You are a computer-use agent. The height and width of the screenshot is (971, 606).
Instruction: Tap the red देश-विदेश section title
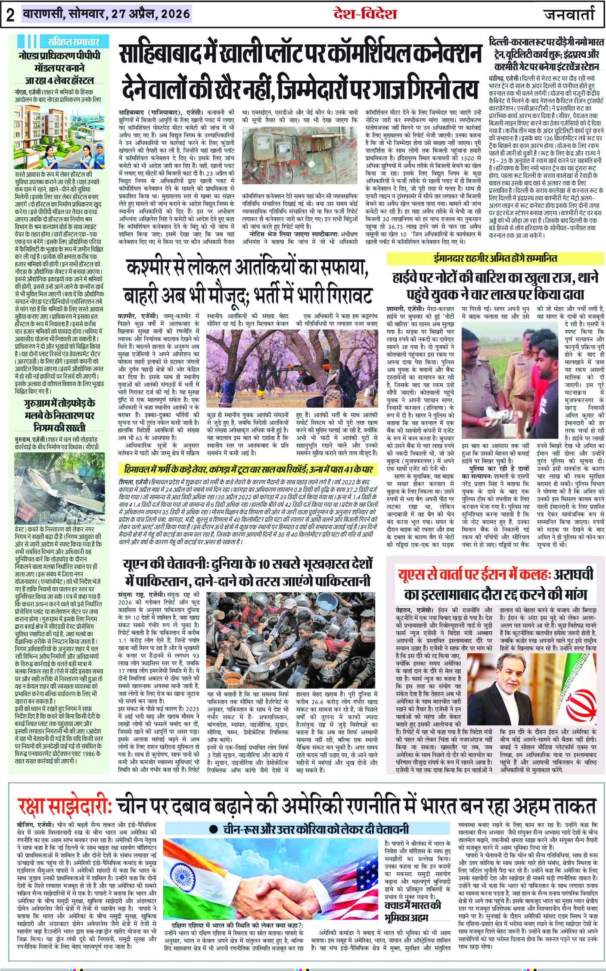365,14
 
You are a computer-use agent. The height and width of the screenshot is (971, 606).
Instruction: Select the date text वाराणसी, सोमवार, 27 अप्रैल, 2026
106,14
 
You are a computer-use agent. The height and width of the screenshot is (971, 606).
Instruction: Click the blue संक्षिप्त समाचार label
73,42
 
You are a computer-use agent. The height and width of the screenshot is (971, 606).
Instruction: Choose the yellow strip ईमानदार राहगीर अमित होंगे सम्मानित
495,258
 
